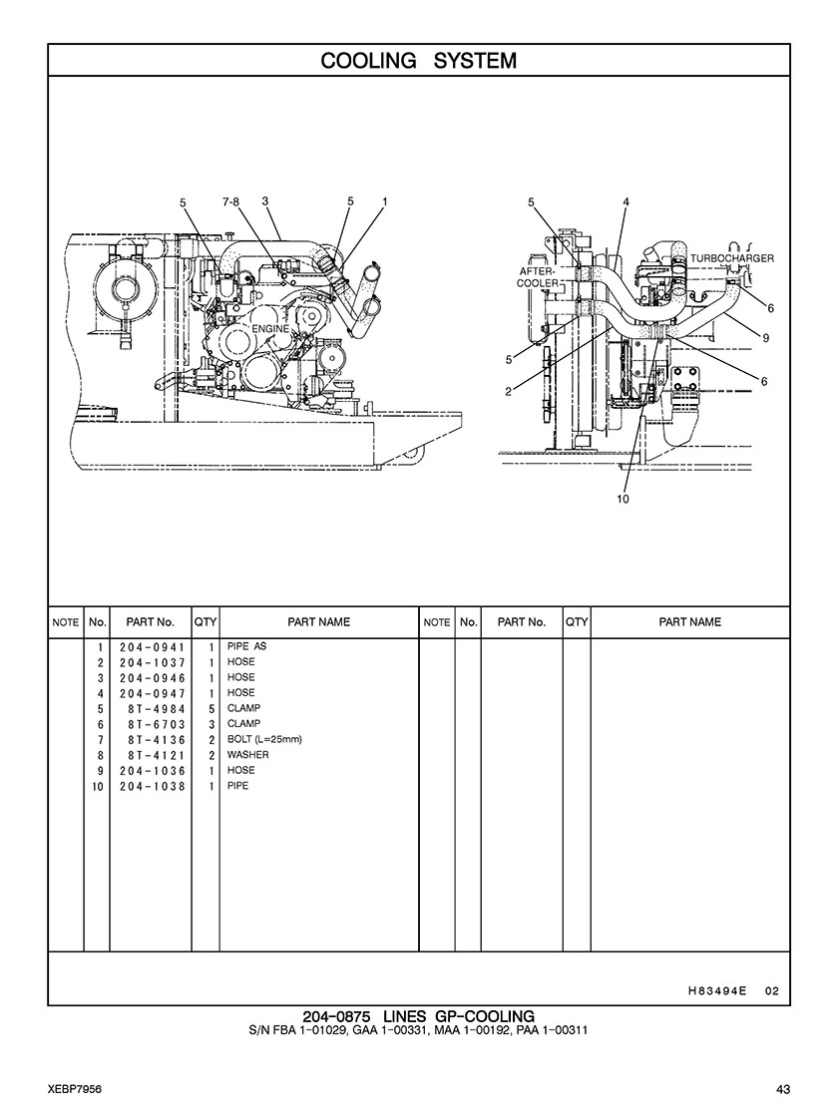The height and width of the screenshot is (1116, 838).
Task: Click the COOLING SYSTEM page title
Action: click(419, 61)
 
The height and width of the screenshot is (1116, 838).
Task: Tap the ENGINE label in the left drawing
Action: click(270, 329)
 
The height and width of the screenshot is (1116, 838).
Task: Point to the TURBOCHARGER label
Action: click(732, 258)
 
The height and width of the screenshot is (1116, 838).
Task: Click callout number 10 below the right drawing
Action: click(623, 499)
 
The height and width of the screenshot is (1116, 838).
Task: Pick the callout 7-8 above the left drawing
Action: click(230, 202)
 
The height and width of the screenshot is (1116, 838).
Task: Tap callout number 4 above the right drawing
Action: click(626, 202)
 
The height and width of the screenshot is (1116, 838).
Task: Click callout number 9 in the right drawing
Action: click(766, 338)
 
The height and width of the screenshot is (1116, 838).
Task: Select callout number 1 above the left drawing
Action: click(384, 202)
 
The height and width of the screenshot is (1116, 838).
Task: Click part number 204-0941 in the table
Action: click(152, 647)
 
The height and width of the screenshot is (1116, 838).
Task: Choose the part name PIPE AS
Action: click(246, 646)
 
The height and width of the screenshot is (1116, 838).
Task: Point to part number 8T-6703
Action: click(157, 724)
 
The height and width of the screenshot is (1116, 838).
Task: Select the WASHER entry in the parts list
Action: click(247, 754)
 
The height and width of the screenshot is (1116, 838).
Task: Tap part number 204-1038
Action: click(152, 787)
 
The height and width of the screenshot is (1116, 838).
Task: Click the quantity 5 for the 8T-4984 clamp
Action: click(211, 709)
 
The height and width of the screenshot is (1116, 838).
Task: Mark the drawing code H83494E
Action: click(717, 990)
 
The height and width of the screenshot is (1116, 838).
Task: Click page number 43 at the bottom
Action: click(783, 1089)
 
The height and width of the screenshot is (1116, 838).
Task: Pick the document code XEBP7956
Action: click(75, 1089)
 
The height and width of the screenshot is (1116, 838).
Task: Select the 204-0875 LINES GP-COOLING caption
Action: click(419, 1016)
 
